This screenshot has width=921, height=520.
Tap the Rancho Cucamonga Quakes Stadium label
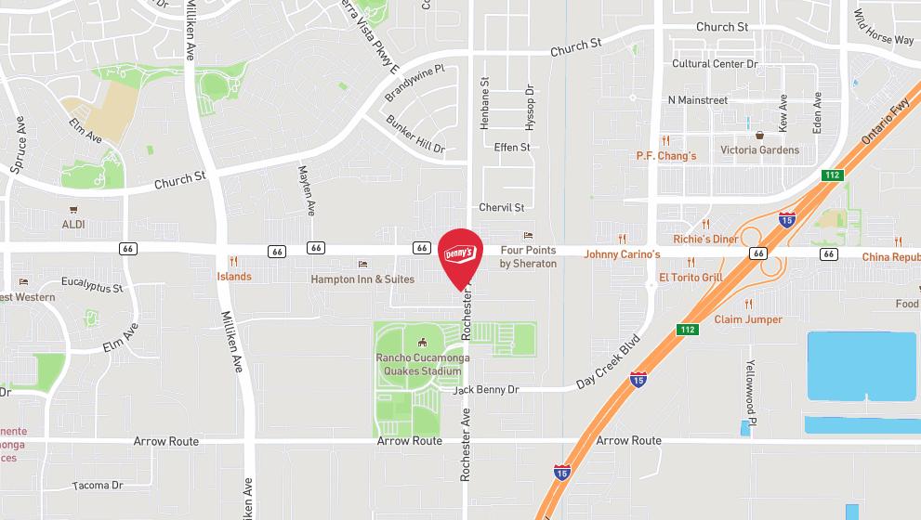[422, 365]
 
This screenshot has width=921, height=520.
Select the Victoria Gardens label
[759, 149]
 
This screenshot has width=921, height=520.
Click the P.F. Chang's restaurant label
[665, 156]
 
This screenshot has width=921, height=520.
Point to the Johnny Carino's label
[622, 253]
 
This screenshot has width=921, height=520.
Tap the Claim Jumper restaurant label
[748, 319]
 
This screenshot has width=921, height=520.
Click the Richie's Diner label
[705, 239]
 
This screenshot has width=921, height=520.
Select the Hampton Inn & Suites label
[362, 279]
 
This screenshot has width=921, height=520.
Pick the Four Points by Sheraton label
[528, 257]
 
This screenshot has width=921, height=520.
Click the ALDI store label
[73, 225]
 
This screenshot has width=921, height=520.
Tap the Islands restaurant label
[234, 276]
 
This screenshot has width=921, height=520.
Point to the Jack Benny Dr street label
[485, 390]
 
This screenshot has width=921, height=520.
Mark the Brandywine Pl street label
[415, 82]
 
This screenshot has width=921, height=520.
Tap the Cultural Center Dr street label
[716, 64]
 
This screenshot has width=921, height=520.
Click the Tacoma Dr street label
[98, 486]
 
